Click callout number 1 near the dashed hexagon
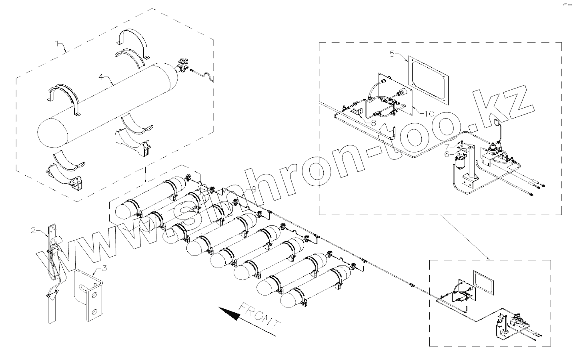pyautogui.click(x=57, y=42)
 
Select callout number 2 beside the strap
pyautogui.click(x=34, y=230)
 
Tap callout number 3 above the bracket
pyautogui.click(x=104, y=268)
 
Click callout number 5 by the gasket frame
pyautogui.click(x=392, y=52)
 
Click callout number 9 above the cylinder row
pyautogui.click(x=253, y=188)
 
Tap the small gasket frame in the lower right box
pyautogui.click(x=483, y=282)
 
